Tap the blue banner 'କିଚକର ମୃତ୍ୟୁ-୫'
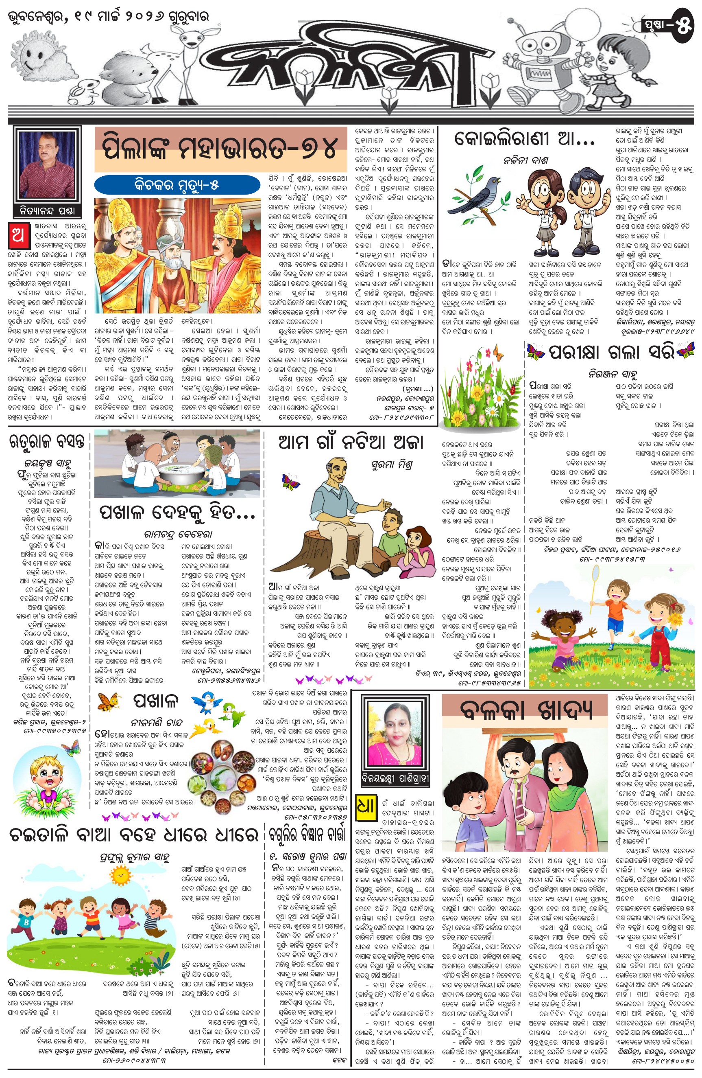(x=177, y=185)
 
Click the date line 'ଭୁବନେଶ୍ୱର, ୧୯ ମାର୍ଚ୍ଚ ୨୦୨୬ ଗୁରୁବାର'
(x=109, y=17)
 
